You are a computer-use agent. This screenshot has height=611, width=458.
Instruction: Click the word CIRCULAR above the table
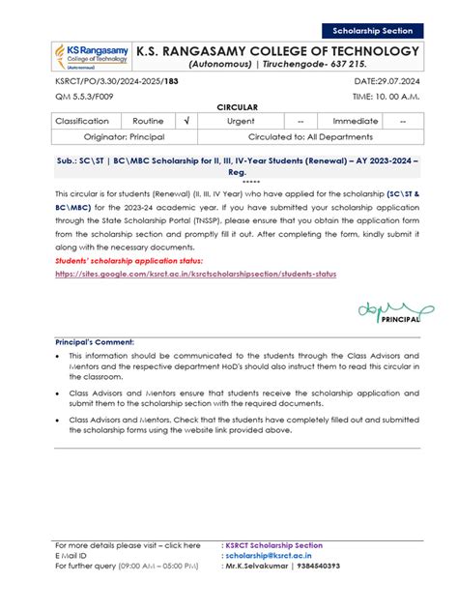pyautogui.click(x=228, y=107)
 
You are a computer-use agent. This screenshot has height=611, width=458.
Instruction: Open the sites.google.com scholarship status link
pyautogui.click(x=196, y=274)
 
